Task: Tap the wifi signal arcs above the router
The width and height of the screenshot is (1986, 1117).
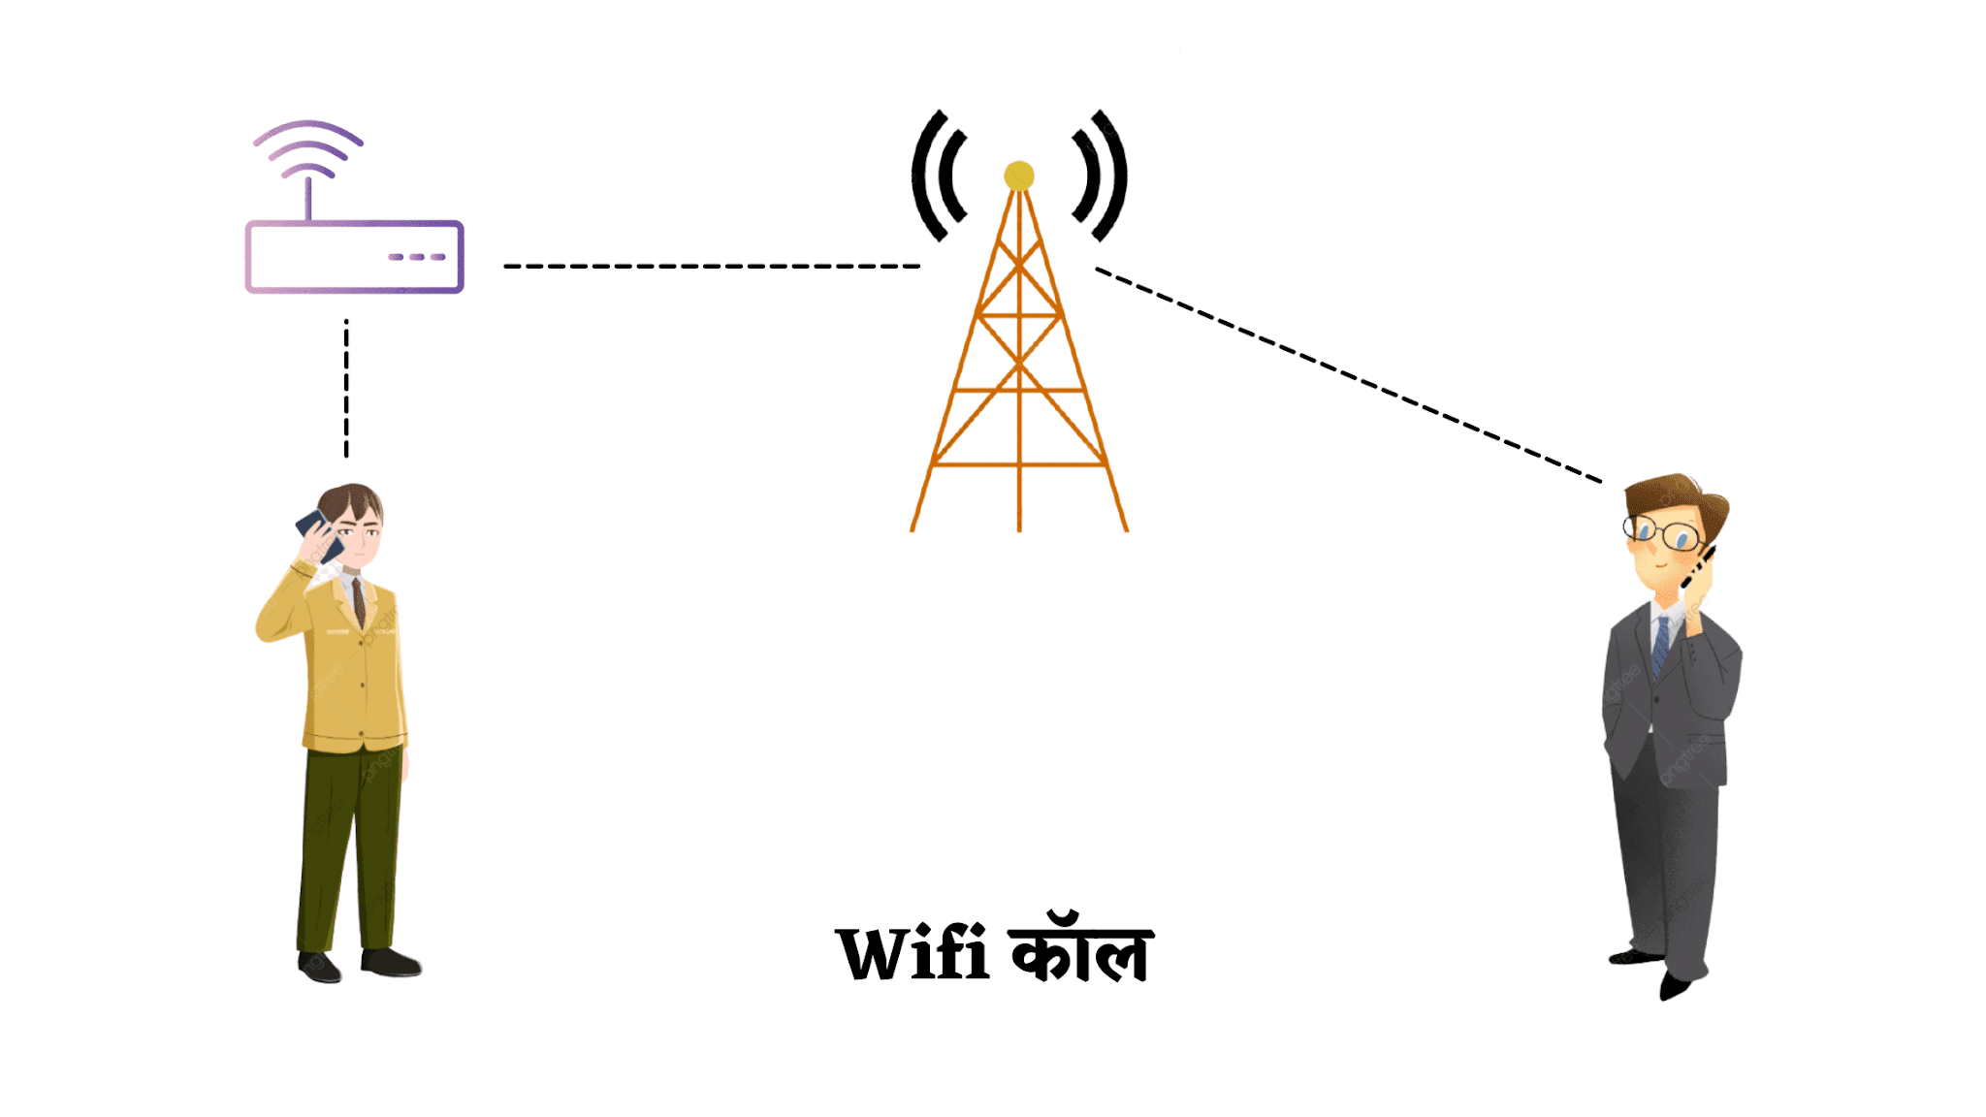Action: pyautogui.click(x=308, y=145)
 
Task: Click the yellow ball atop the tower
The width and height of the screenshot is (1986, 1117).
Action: pyautogui.click(x=1019, y=176)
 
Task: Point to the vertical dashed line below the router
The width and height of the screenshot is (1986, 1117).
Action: pyautogui.click(x=346, y=388)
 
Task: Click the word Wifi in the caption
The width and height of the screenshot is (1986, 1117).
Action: pyautogui.click(x=913, y=955)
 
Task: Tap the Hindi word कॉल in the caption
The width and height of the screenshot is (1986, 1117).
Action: pyautogui.click(x=1081, y=950)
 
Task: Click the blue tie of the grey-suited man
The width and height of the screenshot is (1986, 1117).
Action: pyautogui.click(x=1661, y=645)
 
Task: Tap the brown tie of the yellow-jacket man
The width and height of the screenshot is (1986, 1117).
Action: pyautogui.click(x=359, y=601)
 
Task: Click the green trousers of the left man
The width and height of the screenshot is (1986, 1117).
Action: pyautogui.click(x=349, y=844)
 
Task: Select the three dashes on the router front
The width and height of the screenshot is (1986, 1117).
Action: pyautogui.click(x=417, y=257)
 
